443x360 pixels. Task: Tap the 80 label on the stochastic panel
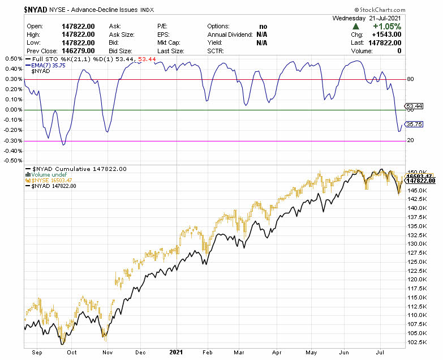tap(410, 79)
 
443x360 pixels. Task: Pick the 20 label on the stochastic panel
tap(410, 140)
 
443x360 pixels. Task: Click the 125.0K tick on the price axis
tap(418, 262)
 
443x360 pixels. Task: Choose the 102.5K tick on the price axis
tap(418, 341)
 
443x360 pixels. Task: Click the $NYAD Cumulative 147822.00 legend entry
tap(79, 169)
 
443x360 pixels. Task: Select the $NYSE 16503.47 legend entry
tap(56, 181)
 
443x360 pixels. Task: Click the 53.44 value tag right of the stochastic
tap(415, 106)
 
